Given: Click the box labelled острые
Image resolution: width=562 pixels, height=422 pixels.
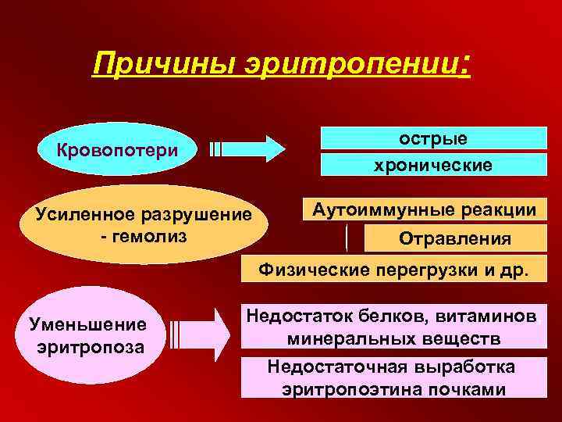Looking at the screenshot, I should pos(434,138).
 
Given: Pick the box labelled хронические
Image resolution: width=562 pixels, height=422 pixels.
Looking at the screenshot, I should pos(434,165).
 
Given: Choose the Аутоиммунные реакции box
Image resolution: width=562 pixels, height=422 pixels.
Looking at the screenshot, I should pos(424,209).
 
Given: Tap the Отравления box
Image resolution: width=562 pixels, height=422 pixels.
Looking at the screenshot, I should pos(455,238).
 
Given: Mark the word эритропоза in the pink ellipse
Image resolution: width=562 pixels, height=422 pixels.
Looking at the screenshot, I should pos(90,346).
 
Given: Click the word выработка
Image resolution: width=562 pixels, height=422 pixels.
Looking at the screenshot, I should pos(464,366).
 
